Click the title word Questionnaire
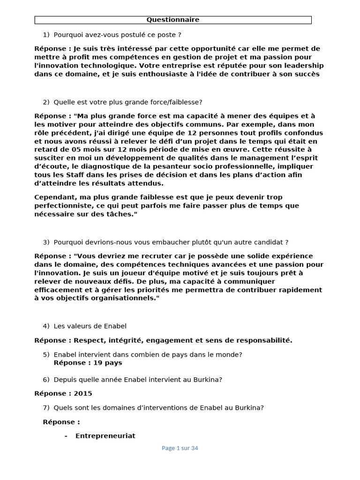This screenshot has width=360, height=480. (173, 20)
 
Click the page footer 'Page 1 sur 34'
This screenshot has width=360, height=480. (180, 448)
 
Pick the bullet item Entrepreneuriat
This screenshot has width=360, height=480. (105, 436)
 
